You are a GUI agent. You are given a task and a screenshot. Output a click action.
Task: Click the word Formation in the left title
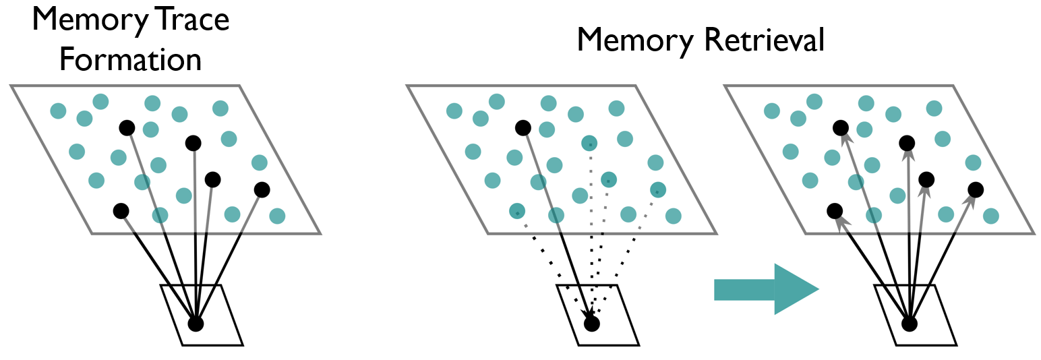point(130,59)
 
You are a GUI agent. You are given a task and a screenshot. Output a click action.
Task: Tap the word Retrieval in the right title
point(764,41)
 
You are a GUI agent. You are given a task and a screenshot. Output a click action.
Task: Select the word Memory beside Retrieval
point(634,41)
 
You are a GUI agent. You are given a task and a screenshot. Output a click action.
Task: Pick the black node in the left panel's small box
point(196,324)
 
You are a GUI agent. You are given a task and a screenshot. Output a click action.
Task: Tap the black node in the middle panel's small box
point(591,324)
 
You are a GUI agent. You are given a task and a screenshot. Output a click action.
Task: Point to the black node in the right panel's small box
point(910,324)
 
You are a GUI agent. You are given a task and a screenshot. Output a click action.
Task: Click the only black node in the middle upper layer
point(523,127)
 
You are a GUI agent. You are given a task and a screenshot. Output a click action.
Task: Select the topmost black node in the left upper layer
point(126,127)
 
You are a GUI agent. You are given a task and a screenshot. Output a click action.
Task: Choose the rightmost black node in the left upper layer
point(262,189)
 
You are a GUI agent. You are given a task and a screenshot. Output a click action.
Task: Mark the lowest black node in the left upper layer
point(121,211)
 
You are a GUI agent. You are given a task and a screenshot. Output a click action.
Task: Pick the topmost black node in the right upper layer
point(840,127)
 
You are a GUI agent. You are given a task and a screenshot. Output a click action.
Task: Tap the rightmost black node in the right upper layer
point(975,189)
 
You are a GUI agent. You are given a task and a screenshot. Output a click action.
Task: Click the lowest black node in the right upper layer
point(834,211)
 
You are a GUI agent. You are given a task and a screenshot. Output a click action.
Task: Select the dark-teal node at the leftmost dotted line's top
point(517,211)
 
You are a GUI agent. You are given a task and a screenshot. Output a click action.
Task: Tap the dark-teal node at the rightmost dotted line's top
point(658,189)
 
